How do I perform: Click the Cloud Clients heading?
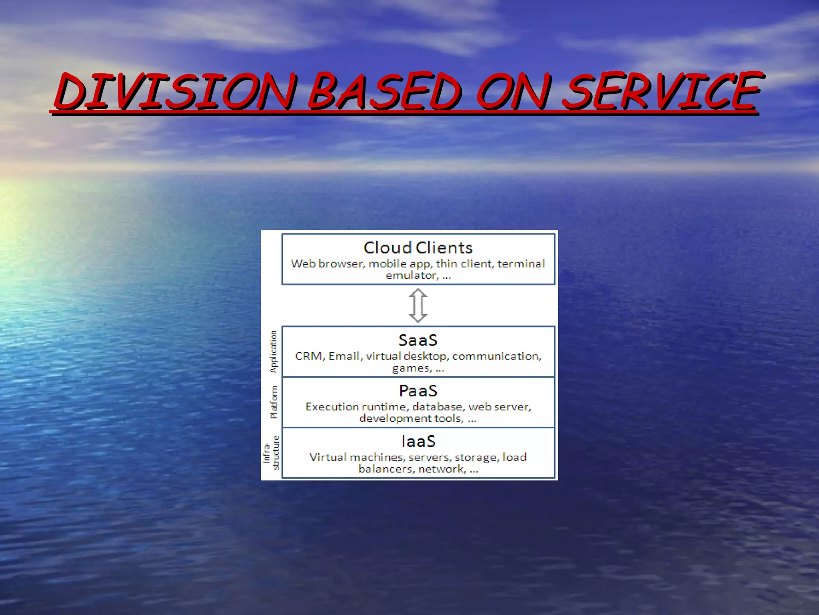418,248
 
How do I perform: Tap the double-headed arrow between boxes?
418,305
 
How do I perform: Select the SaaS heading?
418,340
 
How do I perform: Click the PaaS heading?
418,391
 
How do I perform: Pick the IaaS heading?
418,442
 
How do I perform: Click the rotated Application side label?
274,352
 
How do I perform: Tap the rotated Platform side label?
274,402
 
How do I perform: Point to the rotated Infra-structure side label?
271,452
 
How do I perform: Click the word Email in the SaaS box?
344,356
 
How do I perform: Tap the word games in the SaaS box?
411,368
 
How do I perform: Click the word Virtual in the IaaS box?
328,457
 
